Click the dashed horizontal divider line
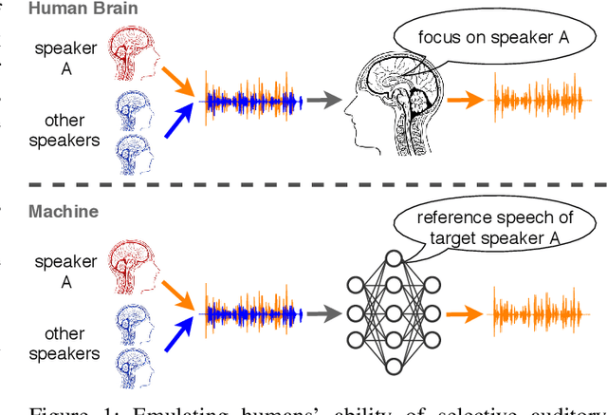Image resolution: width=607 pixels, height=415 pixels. (x=303, y=185)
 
